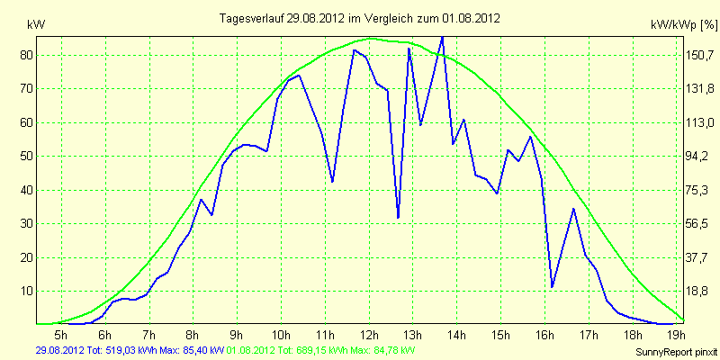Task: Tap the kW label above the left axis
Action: tap(36, 25)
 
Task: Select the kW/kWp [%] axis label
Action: tap(683, 25)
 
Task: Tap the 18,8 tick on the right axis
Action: tap(698, 292)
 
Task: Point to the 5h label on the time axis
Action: tap(61, 333)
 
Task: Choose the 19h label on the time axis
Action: tap(677, 333)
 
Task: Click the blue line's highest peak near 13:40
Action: tap(442, 37)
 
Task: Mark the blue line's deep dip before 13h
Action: tap(398, 217)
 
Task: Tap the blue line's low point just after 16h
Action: tap(552, 287)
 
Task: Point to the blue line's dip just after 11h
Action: tap(332, 182)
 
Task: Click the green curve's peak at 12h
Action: tap(371, 39)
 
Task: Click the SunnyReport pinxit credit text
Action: tap(677, 352)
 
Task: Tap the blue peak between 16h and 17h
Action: tap(573, 209)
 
